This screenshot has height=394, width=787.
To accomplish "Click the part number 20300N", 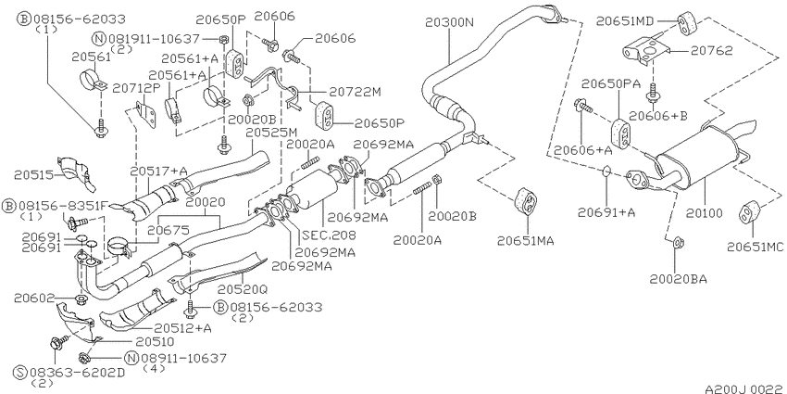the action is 449,22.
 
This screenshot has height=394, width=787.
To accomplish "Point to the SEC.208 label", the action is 329,235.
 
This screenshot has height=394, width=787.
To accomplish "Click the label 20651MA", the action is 526,241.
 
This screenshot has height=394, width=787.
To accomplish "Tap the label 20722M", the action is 356,92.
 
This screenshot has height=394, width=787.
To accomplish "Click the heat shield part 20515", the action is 74,173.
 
